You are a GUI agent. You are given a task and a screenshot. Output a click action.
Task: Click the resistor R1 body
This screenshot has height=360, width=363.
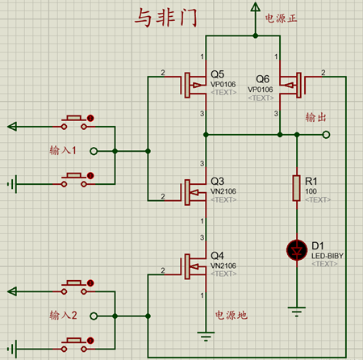click(296, 188)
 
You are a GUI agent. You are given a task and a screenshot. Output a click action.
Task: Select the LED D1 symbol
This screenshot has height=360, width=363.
click(296, 251)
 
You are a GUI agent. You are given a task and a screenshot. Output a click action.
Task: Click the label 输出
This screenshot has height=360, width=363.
click(315, 118)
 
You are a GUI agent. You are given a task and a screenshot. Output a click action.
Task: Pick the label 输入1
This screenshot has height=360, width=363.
click(63, 151)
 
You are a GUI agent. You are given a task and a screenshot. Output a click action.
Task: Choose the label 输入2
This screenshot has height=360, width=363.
click(63, 316)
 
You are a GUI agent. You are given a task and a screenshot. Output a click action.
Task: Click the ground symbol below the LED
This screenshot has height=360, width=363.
click(296, 309)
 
